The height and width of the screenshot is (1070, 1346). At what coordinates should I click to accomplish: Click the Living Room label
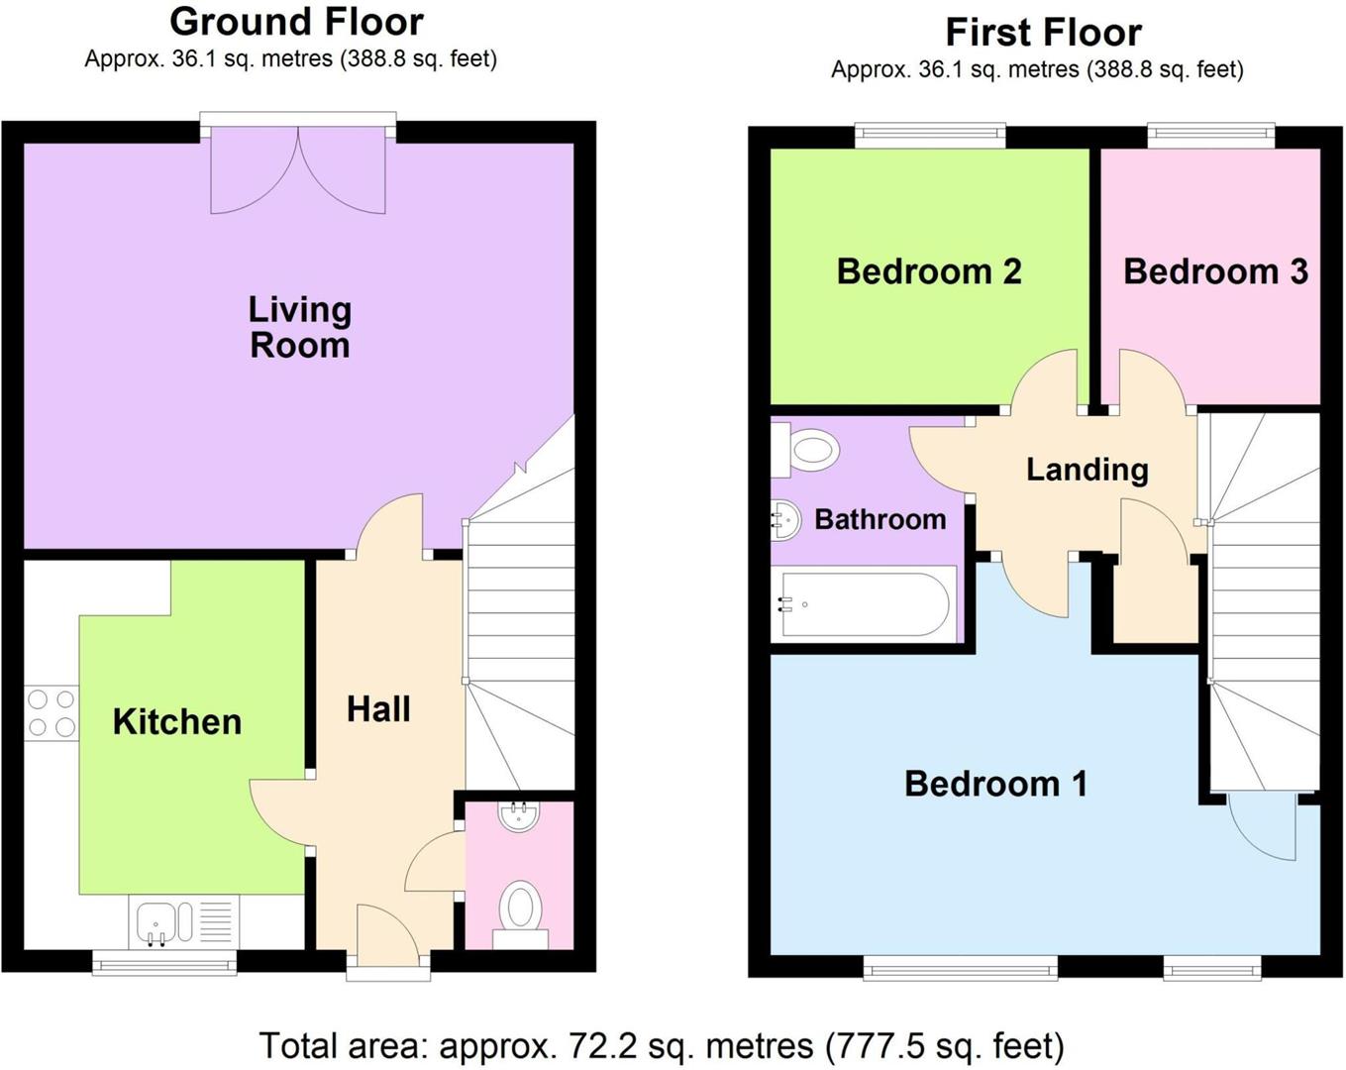[x=299, y=327]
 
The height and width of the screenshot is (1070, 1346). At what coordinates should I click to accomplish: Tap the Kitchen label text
[x=177, y=721]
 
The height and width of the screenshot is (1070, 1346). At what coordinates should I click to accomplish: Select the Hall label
[x=378, y=709]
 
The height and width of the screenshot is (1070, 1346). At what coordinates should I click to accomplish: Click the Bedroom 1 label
[x=995, y=784]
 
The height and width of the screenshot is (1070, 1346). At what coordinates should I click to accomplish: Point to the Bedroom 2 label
[x=928, y=271]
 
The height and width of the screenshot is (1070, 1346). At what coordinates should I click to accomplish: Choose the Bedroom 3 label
[x=1215, y=271]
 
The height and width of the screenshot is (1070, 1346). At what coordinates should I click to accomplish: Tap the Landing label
[x=1087, y=469]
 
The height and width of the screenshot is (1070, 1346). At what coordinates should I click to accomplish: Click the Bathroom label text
[x=880, y=519]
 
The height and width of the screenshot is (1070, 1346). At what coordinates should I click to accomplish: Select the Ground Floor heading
[x=296, y=21]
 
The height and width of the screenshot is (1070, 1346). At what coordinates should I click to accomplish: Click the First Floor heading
[x=1043, y=33]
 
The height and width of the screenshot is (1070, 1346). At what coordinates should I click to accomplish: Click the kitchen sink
[x=156, y=921]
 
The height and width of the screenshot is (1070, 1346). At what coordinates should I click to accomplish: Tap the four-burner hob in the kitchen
[x=52, y=713]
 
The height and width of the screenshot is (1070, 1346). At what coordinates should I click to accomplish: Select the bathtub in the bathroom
[x=866, y=603]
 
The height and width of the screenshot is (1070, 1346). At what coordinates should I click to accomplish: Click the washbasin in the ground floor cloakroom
[x=519, y=816]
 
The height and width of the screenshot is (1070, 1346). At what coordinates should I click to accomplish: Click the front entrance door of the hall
[x=387, y=936]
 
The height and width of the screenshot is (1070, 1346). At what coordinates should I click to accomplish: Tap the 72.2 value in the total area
[x=598, y=1045]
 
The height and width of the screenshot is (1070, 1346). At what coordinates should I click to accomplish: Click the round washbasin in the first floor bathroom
[x=785, y=519]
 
